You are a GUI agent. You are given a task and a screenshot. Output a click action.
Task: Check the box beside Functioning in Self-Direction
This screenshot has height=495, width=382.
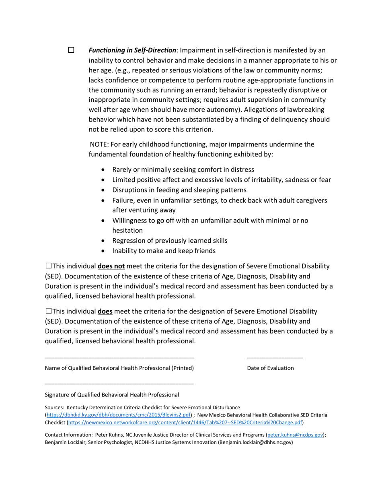click(x=71, y=50)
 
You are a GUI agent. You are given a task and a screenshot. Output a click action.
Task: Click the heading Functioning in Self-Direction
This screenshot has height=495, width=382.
click(x=132, y=50)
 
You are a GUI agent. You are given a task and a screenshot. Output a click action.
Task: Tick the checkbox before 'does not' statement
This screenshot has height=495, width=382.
click(x=49, y=266)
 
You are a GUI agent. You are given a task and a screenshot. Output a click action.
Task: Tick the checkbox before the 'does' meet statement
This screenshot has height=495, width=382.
click(x=49, y=311)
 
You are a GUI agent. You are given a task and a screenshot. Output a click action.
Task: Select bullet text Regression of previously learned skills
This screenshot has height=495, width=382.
click(x=170, y=241)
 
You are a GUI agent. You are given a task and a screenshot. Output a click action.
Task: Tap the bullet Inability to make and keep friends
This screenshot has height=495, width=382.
click(x=164, y=251)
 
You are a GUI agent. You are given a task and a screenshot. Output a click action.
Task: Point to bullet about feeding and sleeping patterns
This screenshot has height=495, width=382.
click(x=179, y=190)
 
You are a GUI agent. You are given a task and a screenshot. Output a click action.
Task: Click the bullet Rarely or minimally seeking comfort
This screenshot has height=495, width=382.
click(x=183, y=169)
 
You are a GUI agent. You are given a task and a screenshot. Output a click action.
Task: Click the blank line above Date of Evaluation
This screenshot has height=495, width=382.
click(x=275, y=357)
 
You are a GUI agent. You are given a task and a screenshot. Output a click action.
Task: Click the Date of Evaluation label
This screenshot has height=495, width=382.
click(x=270, y=368)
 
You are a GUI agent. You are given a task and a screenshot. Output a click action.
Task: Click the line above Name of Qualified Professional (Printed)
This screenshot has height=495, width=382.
click(x=119, y=357)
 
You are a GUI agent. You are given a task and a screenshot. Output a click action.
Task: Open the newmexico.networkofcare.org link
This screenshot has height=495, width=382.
click(x=185, y=422)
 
